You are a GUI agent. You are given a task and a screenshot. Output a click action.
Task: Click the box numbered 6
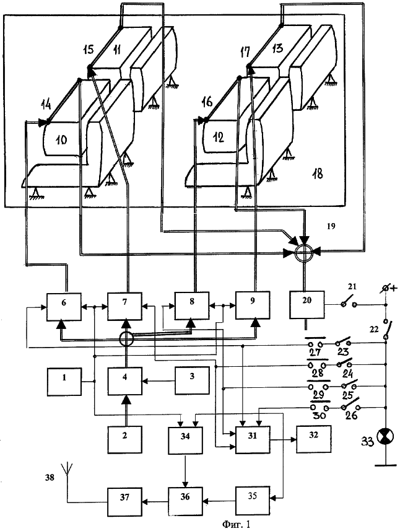tap(64, 305)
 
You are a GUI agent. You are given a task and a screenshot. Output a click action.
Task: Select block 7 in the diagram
tap(126, 305)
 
